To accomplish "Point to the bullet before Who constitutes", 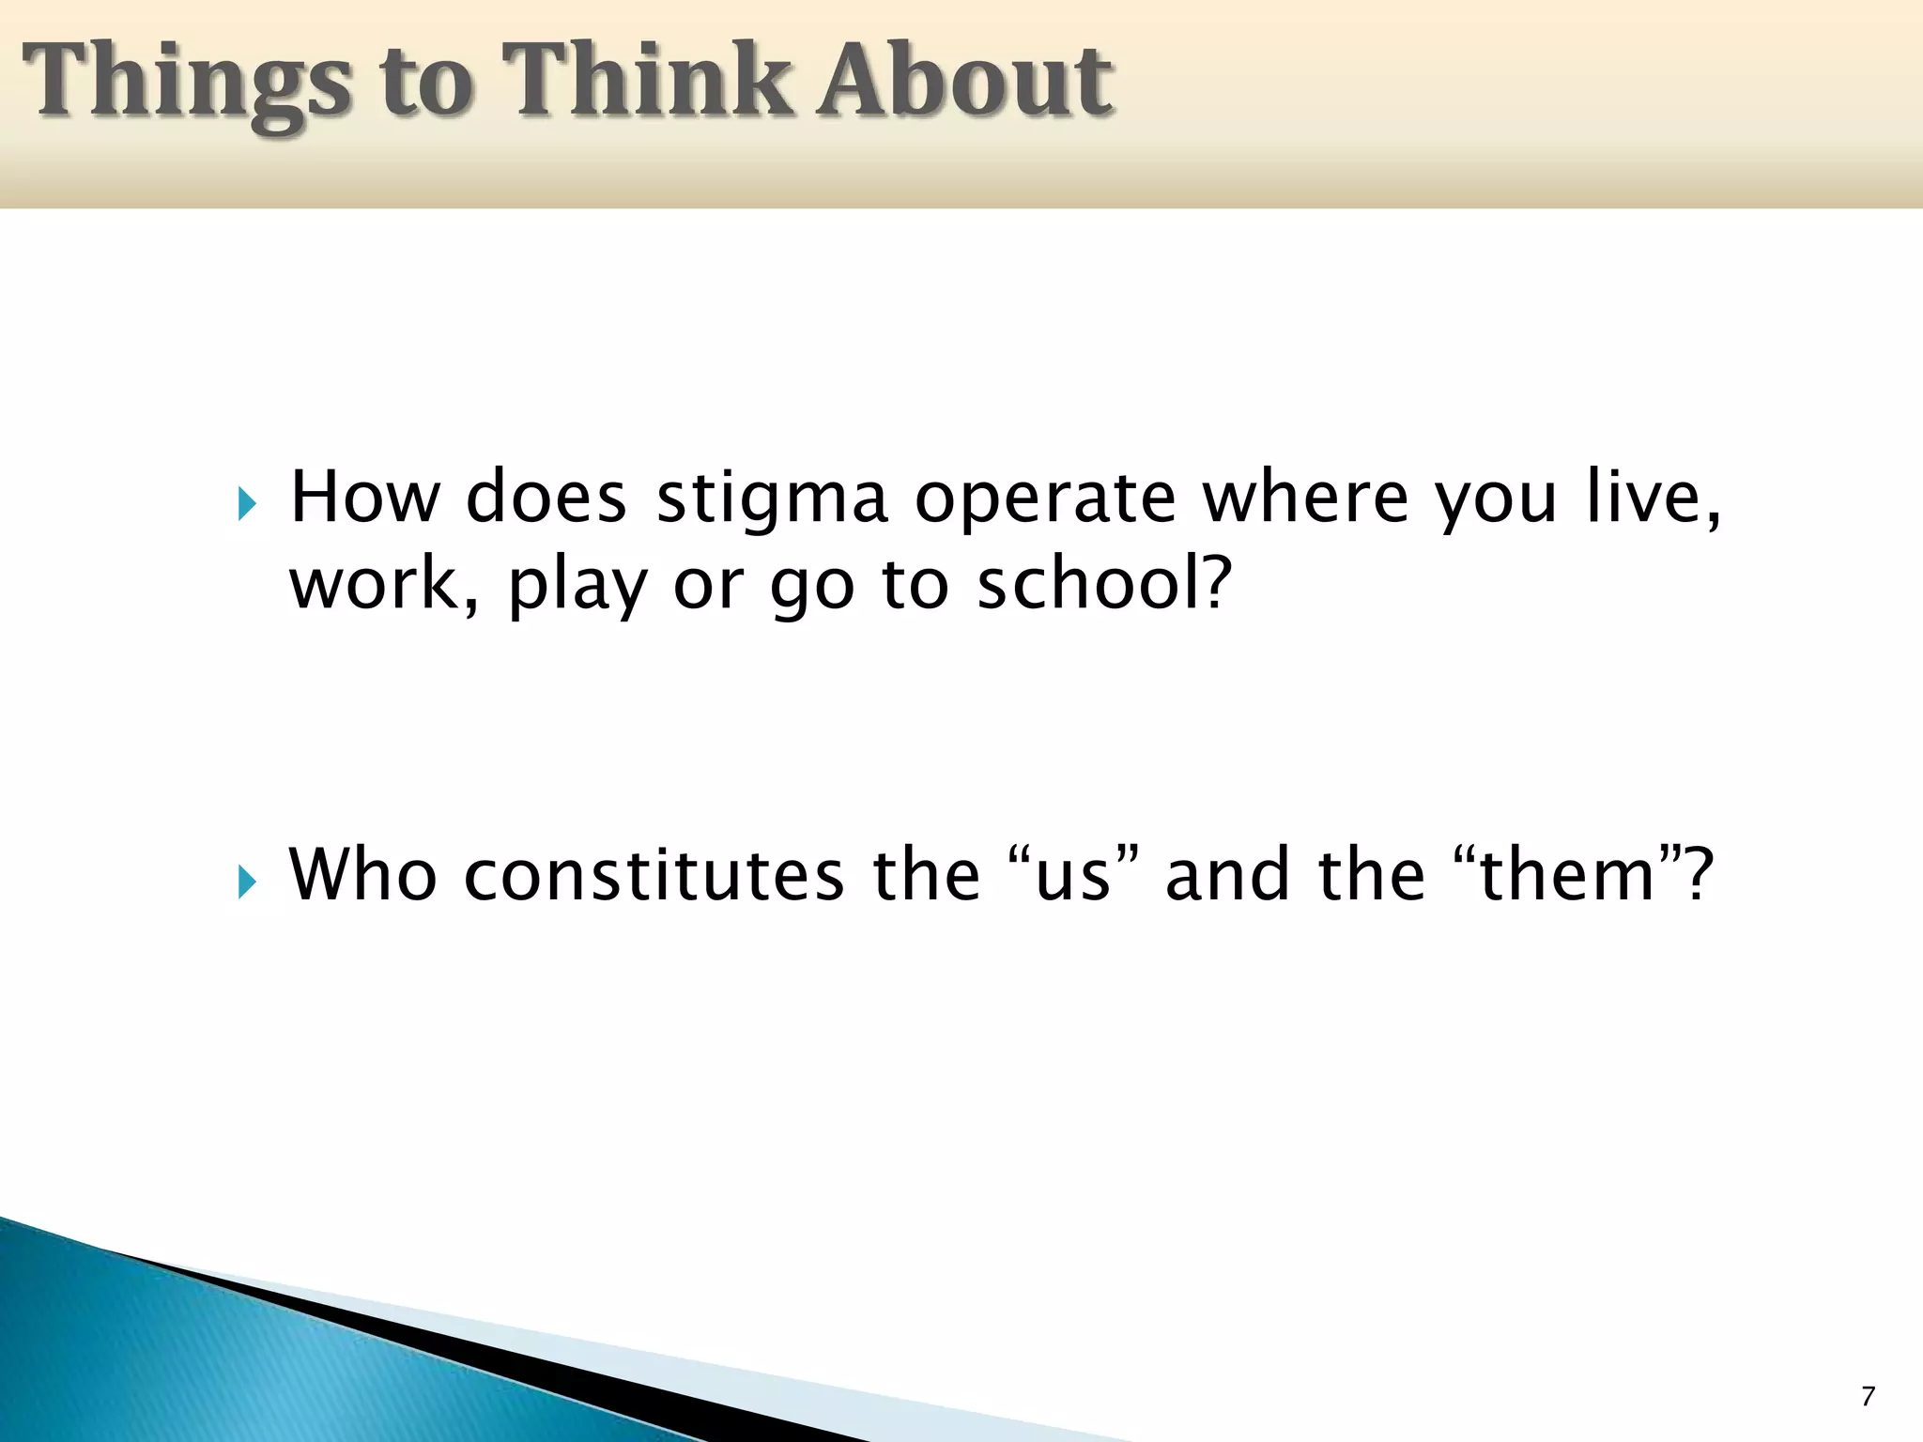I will click(x=246, y=882).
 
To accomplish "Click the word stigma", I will click(x=771, y=498).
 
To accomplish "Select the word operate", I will click(x=1044, y=498).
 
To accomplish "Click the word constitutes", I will click(x=654, y=875).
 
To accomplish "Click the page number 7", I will click(x=1868, y=1396).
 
